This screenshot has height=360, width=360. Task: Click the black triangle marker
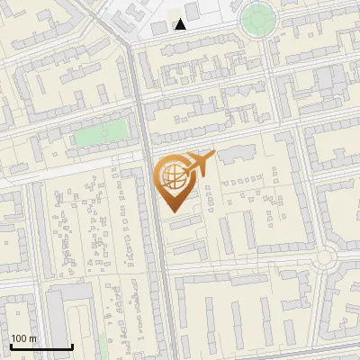coord(181,24)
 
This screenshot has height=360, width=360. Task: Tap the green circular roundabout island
coord(257,17)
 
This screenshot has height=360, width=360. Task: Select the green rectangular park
coord(101,134)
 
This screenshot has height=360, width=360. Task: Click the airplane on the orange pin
coord(201,163)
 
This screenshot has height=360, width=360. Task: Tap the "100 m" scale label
coord(22,338)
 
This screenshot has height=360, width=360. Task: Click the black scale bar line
coord(41,346)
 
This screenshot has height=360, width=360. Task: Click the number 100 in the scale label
coord(18,338)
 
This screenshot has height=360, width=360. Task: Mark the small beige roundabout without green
coord(325,259)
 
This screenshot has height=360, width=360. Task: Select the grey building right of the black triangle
coord(192,12)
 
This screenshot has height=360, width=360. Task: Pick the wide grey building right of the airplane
coord(236,156)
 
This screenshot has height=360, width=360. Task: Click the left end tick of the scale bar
coord(11,346)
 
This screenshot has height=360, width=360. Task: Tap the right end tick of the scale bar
coord(72,346)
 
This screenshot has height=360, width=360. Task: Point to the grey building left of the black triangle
coord(159,27)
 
